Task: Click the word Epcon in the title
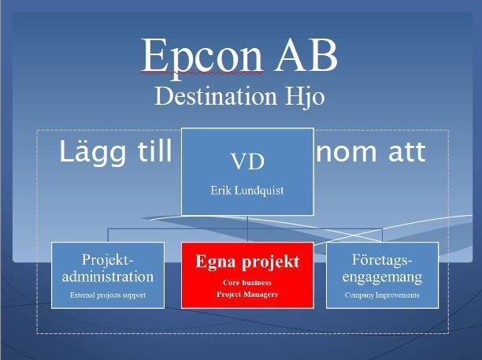point(202,57)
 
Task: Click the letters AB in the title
point(306,55)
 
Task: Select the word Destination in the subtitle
point(216,95)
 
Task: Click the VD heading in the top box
point(247,161)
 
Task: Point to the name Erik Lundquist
point(247,191)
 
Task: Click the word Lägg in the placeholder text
point(92,152)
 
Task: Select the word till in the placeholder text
point(154,150)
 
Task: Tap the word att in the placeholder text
point(407,152)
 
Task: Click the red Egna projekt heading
point(247,262)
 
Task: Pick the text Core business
point(247,283)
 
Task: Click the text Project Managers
point(247,294)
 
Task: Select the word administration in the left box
point(108,276)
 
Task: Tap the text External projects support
point(108,295)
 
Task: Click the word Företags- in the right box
point(382,260)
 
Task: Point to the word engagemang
point(382,277)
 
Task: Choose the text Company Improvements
point(382,295)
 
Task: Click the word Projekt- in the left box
point(108,260)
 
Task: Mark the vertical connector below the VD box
point(247,228)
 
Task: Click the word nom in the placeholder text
point(347,152)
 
